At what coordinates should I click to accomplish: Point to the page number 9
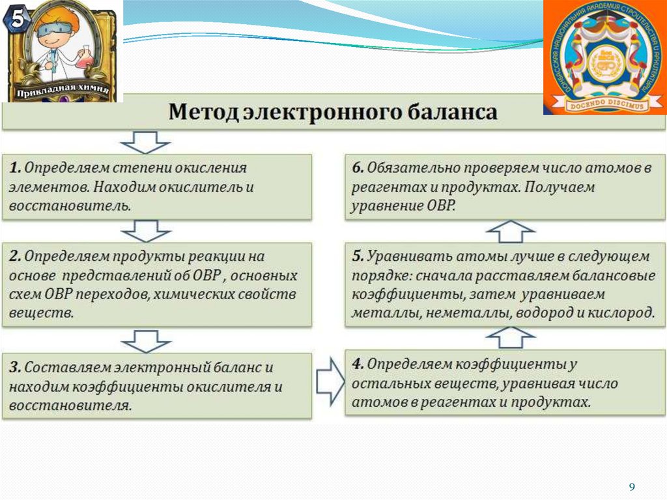631,488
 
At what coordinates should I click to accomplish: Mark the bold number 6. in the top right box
358,167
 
